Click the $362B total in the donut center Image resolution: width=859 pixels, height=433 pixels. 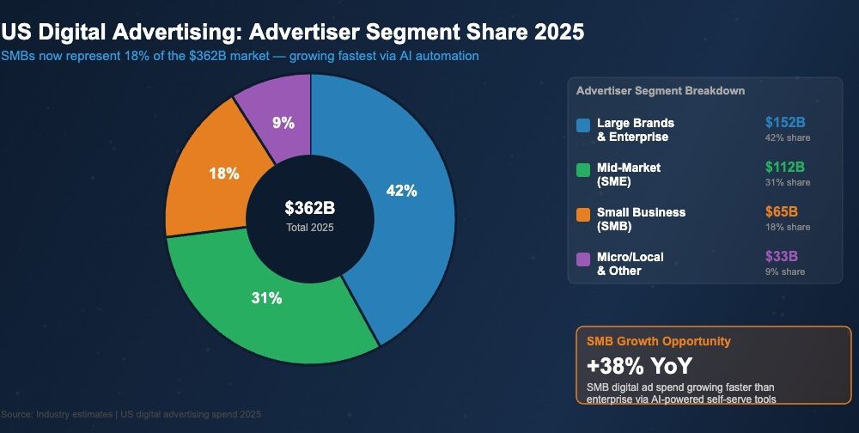pos(309,208)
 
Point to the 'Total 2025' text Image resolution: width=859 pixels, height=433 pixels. pos(309,228)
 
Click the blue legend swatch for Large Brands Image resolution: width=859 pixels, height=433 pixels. pos(583,125)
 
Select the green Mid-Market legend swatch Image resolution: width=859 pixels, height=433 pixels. pos(583,170)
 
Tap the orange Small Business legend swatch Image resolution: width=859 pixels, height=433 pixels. pos(583,215)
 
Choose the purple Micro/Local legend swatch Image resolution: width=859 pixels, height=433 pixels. pos(583,259)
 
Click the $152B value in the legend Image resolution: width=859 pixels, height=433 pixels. pos(784,122)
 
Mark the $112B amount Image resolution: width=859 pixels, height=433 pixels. pos(784,167)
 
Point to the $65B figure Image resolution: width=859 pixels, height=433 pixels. pos(782,211)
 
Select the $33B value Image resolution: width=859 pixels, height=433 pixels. pos(782,256)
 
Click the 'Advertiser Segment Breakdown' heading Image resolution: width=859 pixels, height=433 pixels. pos(660,90)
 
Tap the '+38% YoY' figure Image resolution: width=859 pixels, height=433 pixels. pos(639,365)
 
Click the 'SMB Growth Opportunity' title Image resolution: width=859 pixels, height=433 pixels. pos(659,341)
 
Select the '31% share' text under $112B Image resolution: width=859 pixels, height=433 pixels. pos(788,182)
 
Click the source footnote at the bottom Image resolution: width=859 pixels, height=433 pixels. pos(131,414)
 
